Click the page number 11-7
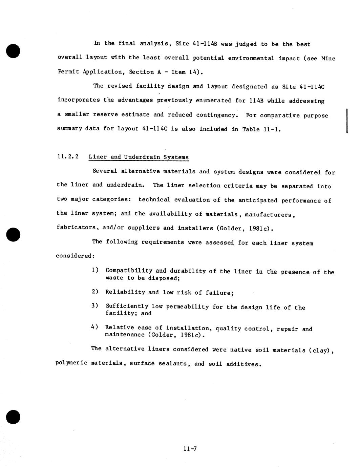click(190, 449)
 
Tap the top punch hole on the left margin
click(13, 51)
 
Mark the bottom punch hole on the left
click(13, 417)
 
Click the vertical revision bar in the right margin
click(347, 121)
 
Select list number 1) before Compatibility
click(95, 270)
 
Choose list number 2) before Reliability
click(95, 292)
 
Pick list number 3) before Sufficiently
click(95, 306)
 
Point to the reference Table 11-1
click(261, 129)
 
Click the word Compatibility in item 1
click(129, 271)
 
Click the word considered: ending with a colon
click(75, 256)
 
